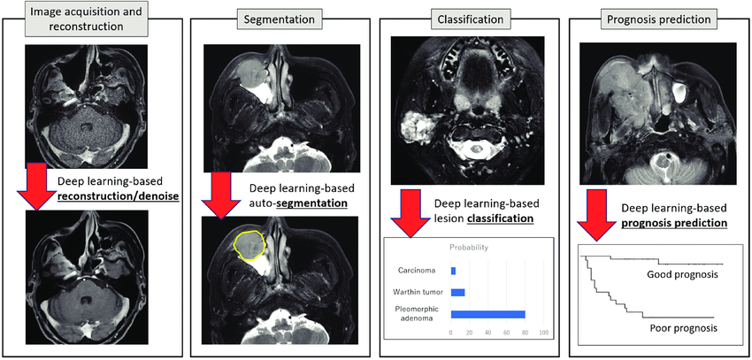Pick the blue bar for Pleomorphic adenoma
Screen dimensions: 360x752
487,314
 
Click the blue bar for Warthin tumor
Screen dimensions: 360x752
457,292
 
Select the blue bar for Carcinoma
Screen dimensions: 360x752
453,271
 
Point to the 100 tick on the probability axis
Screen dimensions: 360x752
544,333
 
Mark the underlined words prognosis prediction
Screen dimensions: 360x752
673,223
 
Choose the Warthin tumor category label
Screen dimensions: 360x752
420,291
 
